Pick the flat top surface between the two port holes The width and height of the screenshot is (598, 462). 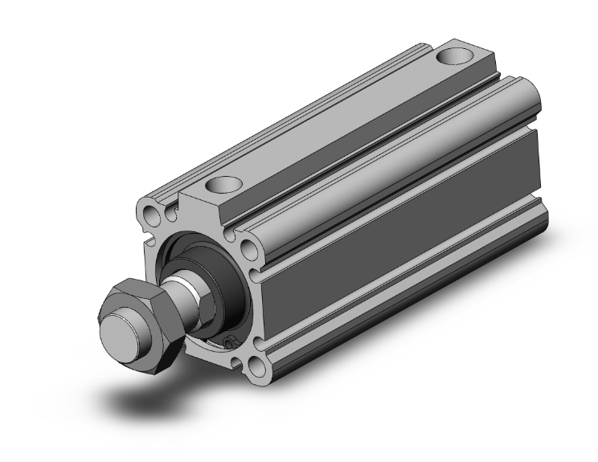pos(338,121)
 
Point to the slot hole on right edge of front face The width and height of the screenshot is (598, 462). pos(255,276)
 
